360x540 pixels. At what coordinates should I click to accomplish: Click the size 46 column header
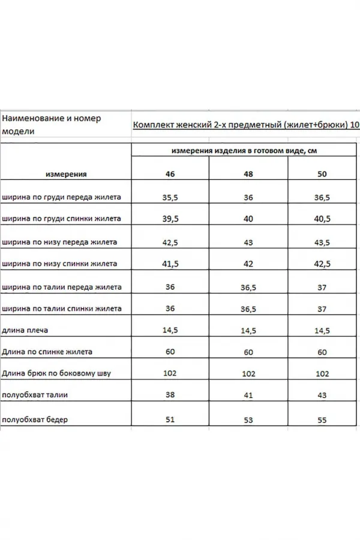tap(170, 174)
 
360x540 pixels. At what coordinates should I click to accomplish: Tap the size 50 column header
tap(322, 174)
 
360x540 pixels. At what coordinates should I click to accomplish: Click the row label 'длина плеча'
tap(26, 330)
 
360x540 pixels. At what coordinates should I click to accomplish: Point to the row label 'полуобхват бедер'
tap(35, 420)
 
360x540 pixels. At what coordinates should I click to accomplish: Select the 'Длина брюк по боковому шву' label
tap(56, 373)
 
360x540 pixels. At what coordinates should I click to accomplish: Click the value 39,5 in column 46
tap(171, 219)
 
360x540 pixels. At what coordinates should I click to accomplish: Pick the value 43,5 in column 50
tap(322, 242)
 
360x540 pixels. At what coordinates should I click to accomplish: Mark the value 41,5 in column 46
tap(171, 264)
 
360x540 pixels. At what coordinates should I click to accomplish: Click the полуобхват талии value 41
tap(248, 397)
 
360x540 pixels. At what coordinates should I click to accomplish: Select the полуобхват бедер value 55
tap(322, 421)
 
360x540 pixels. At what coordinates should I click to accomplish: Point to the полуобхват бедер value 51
tap(170, 419)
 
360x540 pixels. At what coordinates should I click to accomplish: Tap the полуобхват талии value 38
tap(170, 395)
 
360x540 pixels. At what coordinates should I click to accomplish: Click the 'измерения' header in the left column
tap(66, 174)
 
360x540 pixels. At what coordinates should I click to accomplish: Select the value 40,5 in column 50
tap(322, 220)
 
